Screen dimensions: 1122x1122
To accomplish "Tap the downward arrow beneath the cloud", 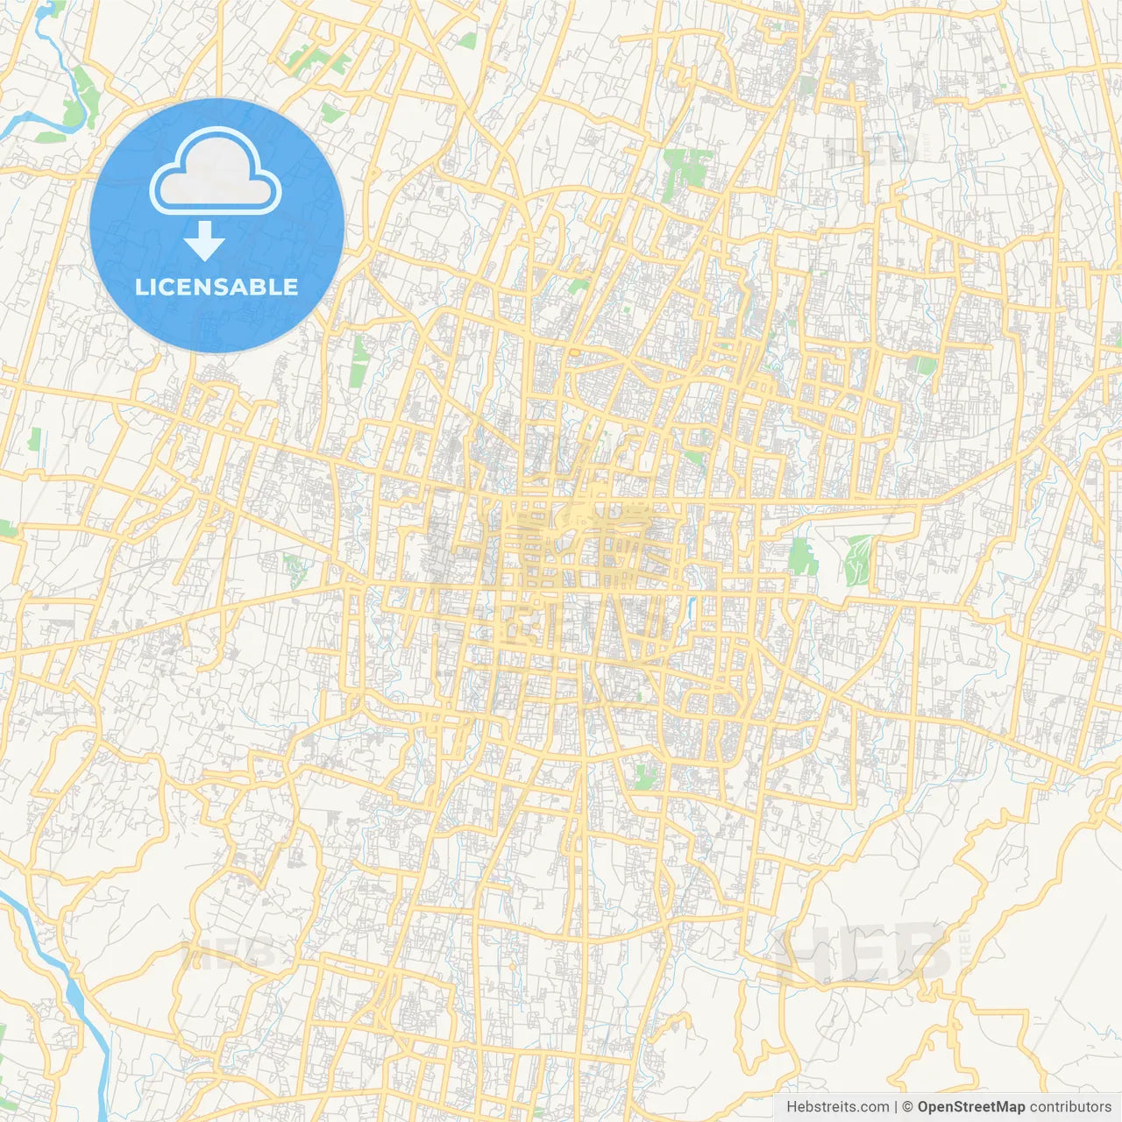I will tap(204, 241).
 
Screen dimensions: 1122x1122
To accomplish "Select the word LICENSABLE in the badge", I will tap(217, 287).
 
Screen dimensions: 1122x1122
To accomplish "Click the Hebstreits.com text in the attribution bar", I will tap(837, 1107).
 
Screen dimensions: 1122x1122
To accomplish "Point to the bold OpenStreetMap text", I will tap(970, 1107).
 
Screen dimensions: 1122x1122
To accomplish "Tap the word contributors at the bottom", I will tap(1070, 1107).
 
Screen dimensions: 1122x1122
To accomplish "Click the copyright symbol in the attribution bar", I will tap(908, 1107).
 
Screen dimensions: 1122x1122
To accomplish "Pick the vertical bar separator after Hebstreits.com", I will tap(896, 1107).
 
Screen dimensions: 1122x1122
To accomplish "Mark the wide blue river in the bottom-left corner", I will tap(75, 991).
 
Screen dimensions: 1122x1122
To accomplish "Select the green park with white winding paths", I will tap(858, 559).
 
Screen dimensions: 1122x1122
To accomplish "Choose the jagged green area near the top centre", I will tap(685, 168).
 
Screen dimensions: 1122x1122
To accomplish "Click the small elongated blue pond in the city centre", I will tap(692, 606).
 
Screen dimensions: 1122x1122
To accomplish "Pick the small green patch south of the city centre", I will tap(645, 776).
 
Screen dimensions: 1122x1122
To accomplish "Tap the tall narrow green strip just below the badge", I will tap(359, 361).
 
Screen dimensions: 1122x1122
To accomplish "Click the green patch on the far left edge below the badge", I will tap(34, 439).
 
